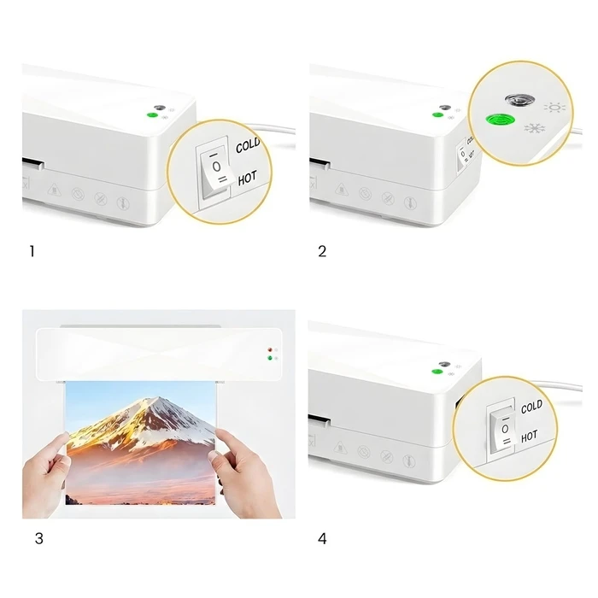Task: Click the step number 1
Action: coord(32,251)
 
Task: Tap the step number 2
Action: coord(322,251)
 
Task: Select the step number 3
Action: coord(38,539)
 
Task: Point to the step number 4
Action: coord(322,539)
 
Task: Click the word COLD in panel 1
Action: coord(248,146)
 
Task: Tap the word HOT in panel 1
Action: coord(247,179)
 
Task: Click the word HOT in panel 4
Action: coord(531,436)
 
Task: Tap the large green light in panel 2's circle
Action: coord(495,122)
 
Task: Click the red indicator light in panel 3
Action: coord(271,351)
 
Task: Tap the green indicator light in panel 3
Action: coord(271,360)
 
